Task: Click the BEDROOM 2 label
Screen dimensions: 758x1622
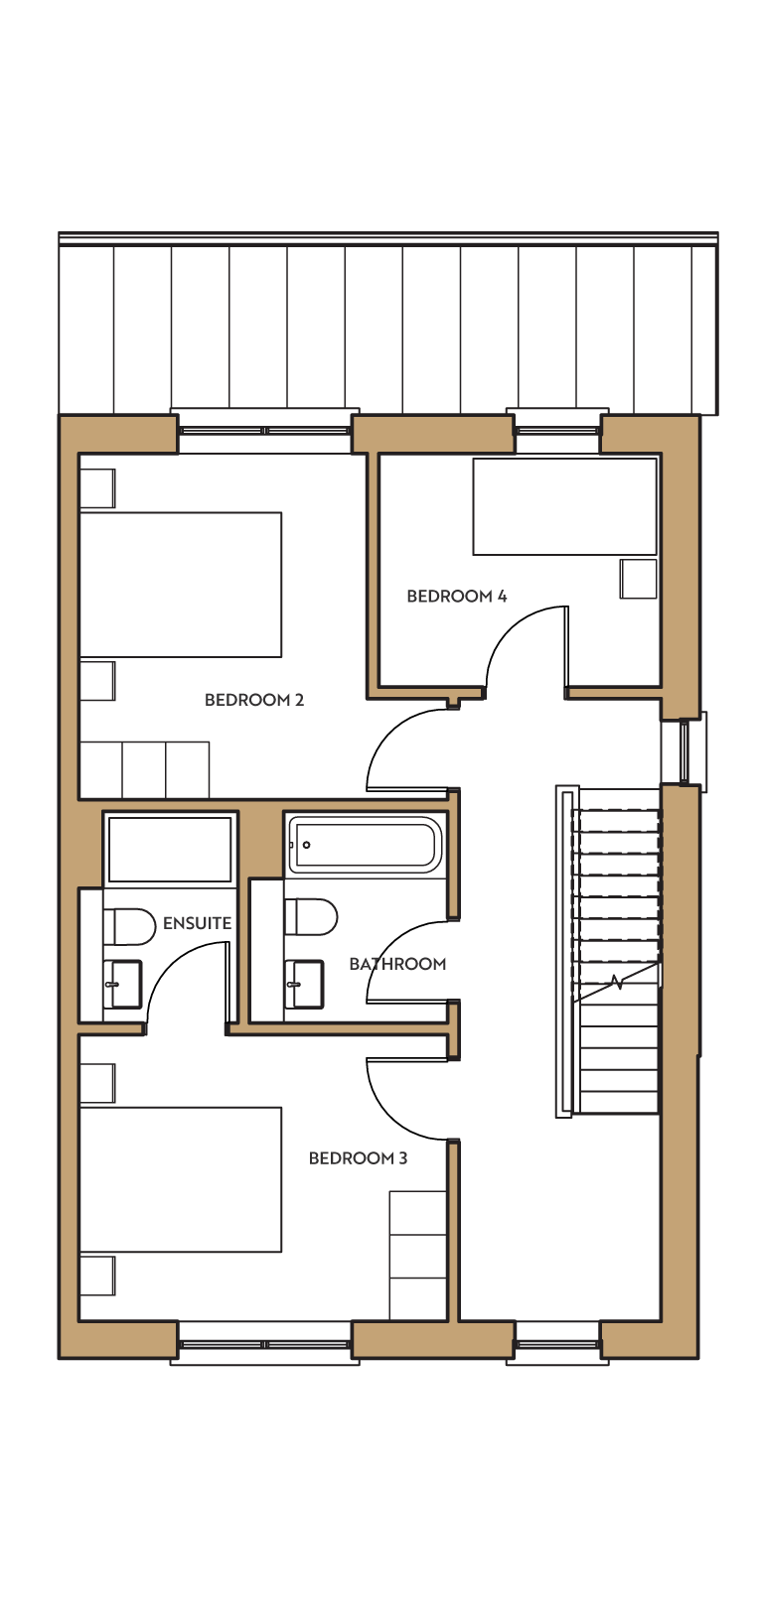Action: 253,700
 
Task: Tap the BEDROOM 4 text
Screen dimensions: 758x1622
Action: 457,596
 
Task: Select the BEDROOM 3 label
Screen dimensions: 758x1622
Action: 358,1157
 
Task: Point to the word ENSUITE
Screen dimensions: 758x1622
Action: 197,923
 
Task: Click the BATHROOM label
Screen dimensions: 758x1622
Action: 397,964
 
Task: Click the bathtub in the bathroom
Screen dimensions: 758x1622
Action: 366,845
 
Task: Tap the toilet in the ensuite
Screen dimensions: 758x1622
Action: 130,927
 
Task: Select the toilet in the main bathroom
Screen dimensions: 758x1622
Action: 311,917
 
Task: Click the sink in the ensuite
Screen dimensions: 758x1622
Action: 123,984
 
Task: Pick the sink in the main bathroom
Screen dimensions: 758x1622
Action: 304,984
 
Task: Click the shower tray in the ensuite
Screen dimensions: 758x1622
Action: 169,850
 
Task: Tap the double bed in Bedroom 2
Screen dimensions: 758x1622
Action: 181,585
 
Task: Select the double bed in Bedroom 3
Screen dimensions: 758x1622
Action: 181,1179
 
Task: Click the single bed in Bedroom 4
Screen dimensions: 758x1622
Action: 564,506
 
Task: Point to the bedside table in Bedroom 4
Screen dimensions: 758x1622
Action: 639,579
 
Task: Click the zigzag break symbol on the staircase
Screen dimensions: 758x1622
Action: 616,983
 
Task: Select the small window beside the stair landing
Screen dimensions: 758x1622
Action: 684,749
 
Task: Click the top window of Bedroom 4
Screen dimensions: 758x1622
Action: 557,430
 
